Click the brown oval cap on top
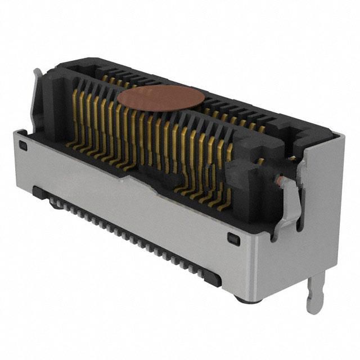point(159,98)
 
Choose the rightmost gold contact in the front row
point(229,169)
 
